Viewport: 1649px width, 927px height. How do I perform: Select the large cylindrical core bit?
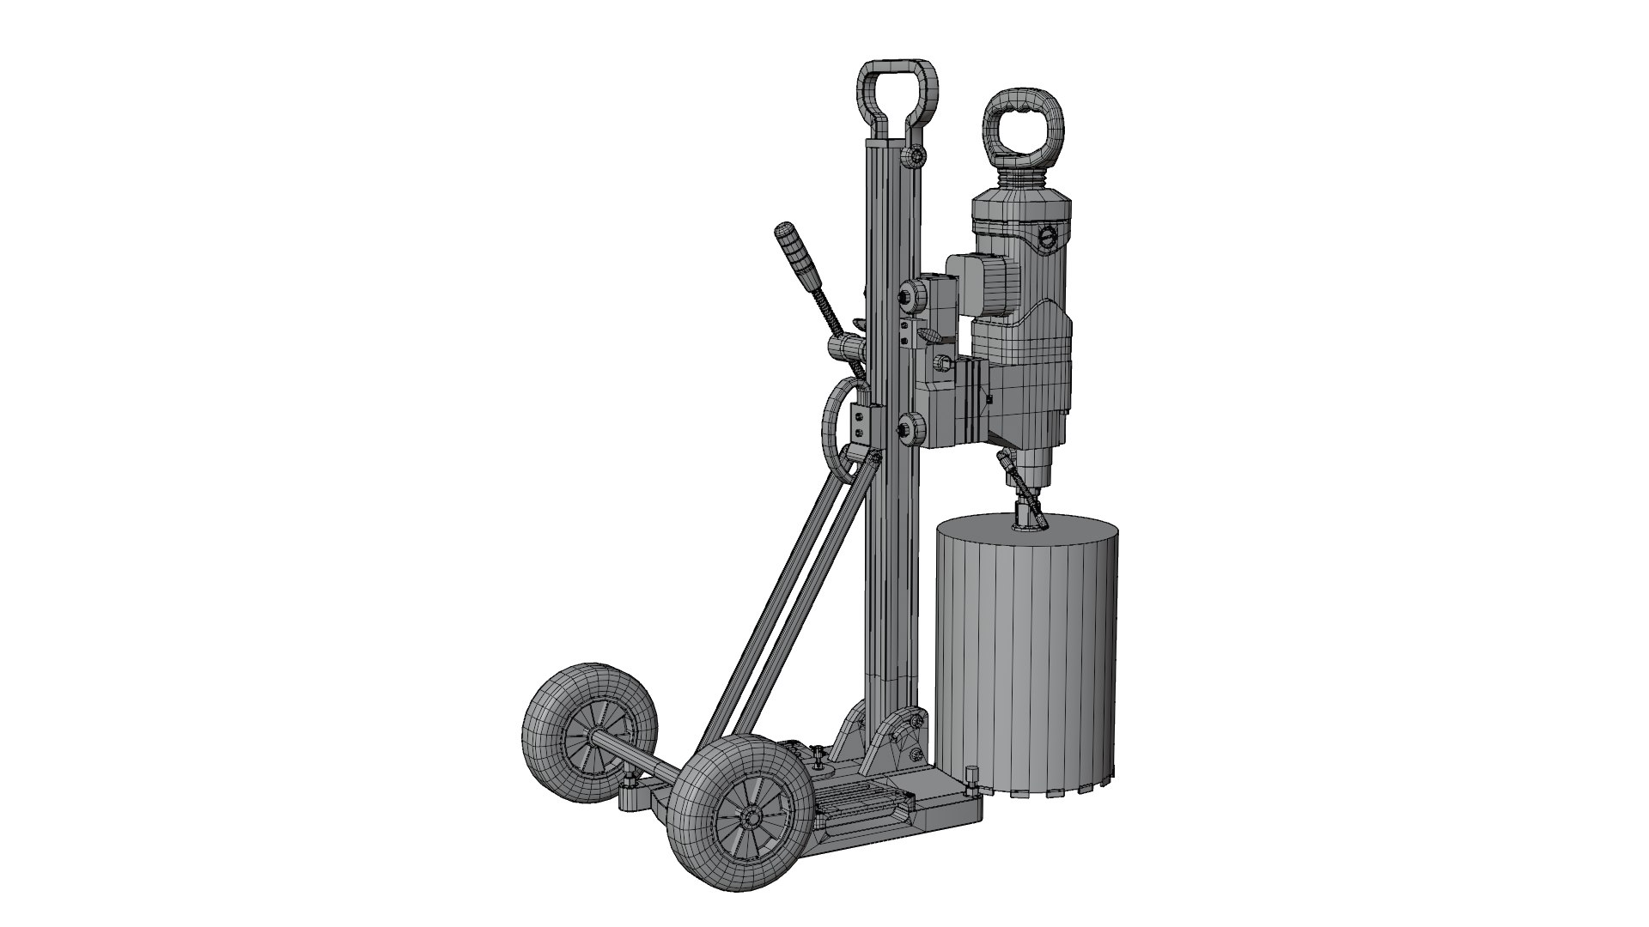point(1026,661)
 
